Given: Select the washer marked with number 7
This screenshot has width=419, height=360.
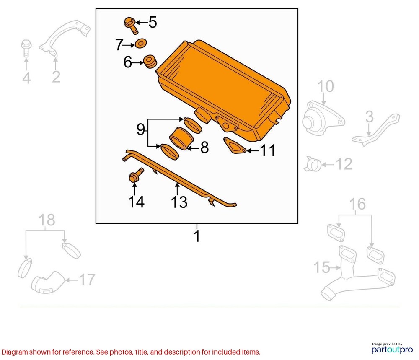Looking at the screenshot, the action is pyautogui.click(x=141, y=44).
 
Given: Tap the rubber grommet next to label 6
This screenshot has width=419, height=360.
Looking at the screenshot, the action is pyautogui.click(x=150, y=62).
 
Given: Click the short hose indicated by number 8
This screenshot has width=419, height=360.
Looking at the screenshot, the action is pyautogui.click(x=181, y=138).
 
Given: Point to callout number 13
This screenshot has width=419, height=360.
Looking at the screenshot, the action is pyautogui.click(x=179, y=202).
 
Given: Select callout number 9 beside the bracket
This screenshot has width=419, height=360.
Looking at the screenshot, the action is pyautogui.click(x=140, y=129).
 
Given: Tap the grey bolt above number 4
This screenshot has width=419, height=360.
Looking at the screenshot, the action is pyautogui.click(x=26, y=48).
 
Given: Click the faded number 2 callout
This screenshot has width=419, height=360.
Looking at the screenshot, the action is pyautogui.click(x=56, y=77).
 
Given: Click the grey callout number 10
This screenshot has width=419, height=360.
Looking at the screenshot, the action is pyautogui.click(x=326, y=86).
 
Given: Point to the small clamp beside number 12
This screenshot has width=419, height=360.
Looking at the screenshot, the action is pyautogui.click(x=313, y=164).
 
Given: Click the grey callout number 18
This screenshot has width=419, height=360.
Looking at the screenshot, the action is pyautogui.click(x=47, y=220).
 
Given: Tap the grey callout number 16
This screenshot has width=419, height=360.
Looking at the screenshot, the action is pyautogui.click(x=357, y=204).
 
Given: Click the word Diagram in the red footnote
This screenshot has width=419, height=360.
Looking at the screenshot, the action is pyautogui.click(x=14, y=352).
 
